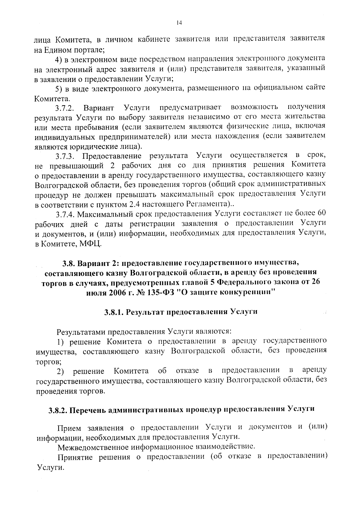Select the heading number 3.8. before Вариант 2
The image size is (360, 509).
point(69,263)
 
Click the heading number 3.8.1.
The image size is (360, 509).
point(114,312)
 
